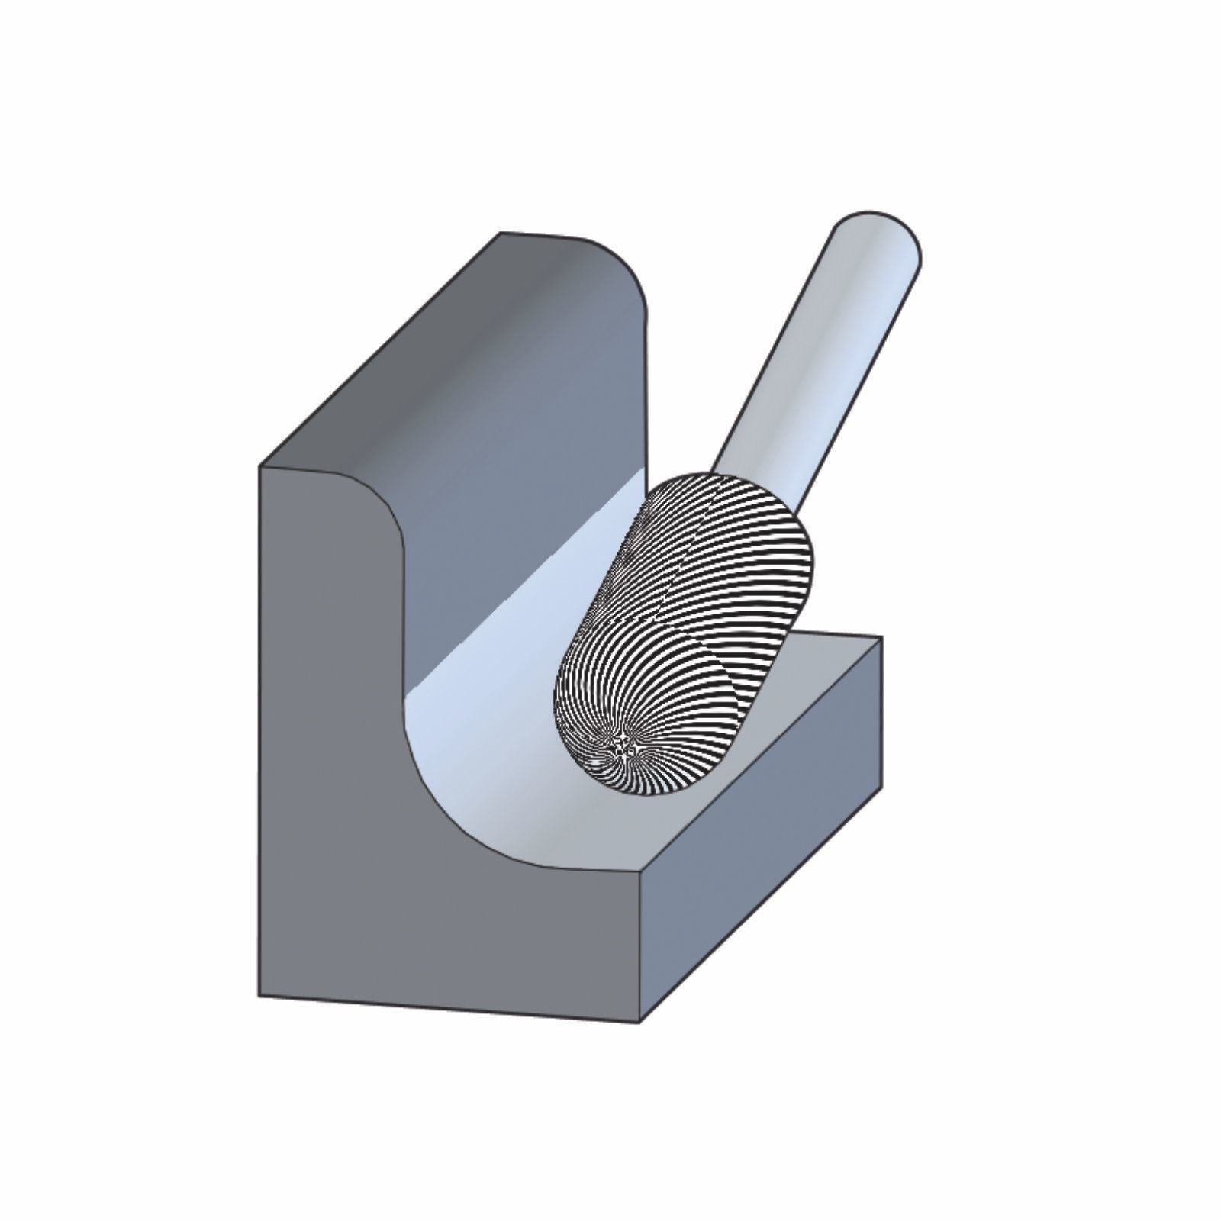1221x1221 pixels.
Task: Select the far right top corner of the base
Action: click(881, 637)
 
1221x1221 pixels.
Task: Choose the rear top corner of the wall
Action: click(501, 233)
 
